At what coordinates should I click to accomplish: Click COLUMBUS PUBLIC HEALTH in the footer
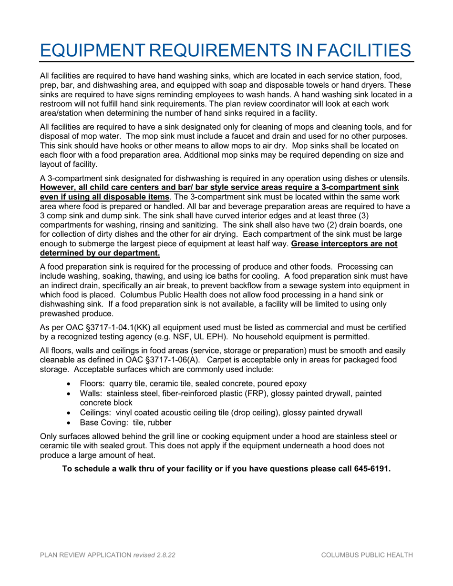(x=367, y=556)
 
